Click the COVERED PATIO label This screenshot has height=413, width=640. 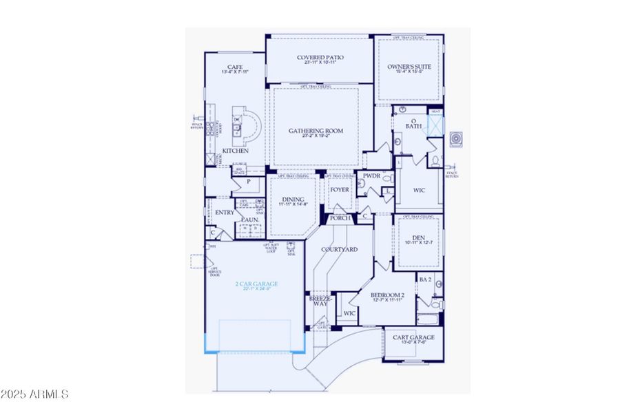320,58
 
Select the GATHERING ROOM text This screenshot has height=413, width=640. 316,131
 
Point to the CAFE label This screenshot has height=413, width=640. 235,66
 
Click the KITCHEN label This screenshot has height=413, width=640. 235,151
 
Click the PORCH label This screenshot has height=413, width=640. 340,218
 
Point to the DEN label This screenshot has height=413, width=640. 418,237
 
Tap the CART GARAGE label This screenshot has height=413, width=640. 413,337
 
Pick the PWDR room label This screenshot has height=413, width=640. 372,176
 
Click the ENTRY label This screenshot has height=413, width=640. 225,213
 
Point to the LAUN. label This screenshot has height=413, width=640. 249,220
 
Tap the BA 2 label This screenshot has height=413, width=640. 426,279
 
